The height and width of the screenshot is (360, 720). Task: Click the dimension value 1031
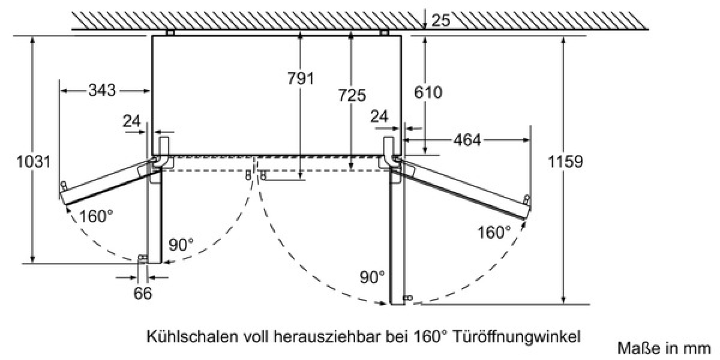[x=34, y=161]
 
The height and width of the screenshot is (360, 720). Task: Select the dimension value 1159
[x=565, y=161]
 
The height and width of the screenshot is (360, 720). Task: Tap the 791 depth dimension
[x=301, y=79]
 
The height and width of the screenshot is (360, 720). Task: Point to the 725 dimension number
[x=352, y=95]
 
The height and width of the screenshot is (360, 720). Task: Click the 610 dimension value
[x=428, y=92]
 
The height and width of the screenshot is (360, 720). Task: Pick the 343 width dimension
[x=102, y=90]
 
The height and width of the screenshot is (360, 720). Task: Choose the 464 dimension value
[x=467, y=140]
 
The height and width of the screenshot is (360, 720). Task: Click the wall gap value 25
[x=440, y=20]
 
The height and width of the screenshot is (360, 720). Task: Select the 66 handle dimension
[x=143, y=293]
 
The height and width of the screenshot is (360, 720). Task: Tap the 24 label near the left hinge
[x=132, y=121]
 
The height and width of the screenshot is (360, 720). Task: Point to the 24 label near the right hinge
[x=379, y=116]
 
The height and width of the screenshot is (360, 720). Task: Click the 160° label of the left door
[x=96, y=216]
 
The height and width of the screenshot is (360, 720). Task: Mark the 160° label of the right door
[x=494, y=232]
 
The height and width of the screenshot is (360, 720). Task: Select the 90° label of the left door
[x=181, y=245]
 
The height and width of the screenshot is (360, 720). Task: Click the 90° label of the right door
[x=372, y=277]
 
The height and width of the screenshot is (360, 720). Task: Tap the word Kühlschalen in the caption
[x=193, y=337]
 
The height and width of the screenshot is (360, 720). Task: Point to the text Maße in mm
[x=664, y=349]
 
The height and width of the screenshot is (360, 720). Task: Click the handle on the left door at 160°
[x=64, y=185]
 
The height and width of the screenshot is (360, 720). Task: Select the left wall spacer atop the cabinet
[x=170, y=32]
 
